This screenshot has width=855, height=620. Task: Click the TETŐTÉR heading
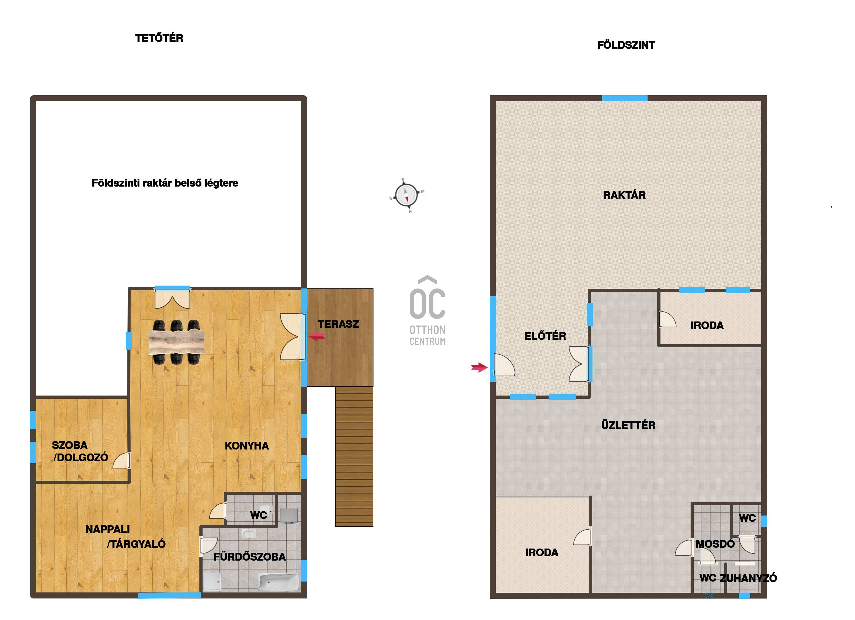[x=159, y=38]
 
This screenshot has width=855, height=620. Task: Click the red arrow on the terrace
[x=317, y=336]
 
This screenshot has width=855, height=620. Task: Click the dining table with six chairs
[x=176, y=342]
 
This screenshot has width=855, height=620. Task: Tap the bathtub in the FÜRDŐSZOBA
[x=279, y=583]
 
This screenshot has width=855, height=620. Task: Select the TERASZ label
[x=338, y=324]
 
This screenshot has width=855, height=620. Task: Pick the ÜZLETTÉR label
[x=628, y=425]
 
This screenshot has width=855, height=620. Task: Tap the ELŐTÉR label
[x=545, y=336]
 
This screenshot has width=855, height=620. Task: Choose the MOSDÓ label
[x=715, y=544]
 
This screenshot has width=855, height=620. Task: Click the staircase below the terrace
[x=354, y=456]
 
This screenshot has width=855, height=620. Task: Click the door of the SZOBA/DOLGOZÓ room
[x=121, y=460]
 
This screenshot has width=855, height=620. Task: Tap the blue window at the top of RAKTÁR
[x=625, y=98]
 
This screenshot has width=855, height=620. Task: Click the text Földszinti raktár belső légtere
[x=165, y=183]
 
